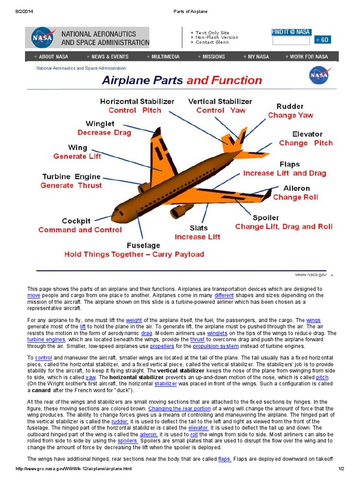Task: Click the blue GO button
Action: click(x=322, y=40)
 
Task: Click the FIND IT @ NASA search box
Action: click(x=291, y=40)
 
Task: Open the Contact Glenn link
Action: click(x=211, y=42)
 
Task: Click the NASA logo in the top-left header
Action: click(x=43, y=37)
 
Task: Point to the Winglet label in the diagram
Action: click(x=100, y=124)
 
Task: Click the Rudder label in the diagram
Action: click(x=290, y=106)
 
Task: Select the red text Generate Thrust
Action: click(x=71, y=186)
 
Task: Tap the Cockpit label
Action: click(x=76, y=221)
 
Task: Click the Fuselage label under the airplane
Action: click(x=143, y=245)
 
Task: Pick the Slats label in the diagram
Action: click(x=199, y=228)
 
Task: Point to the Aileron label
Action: click(x=296, y=188)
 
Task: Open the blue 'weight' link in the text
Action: click(x=134, y=320)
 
